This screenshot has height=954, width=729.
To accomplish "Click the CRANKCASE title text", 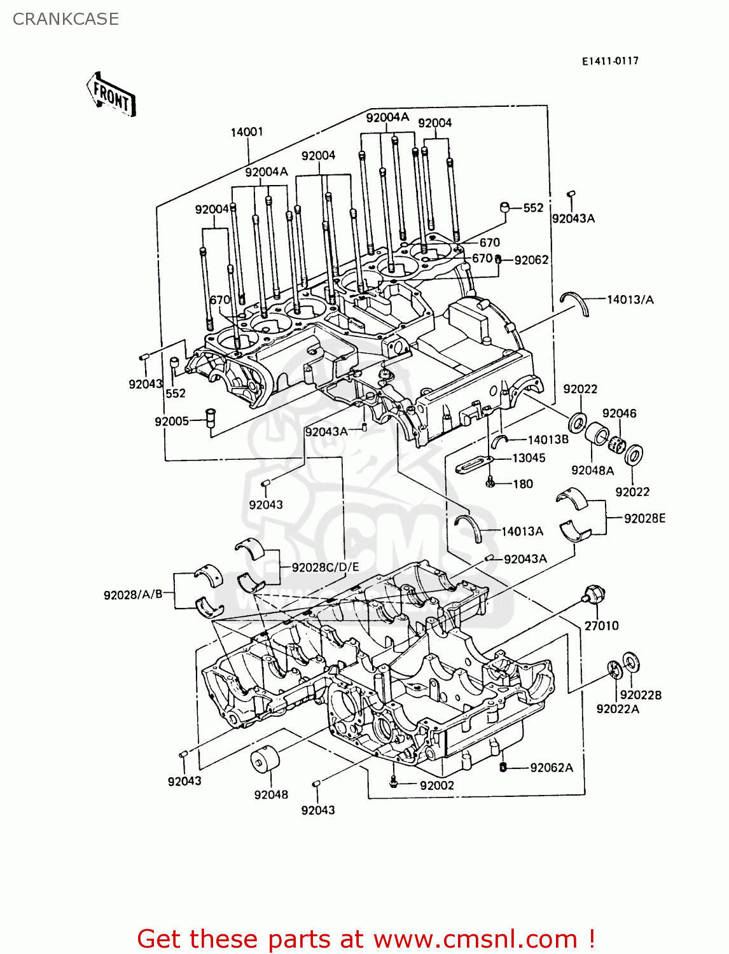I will (66, 19).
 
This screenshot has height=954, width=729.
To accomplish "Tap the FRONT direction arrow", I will (111, 95).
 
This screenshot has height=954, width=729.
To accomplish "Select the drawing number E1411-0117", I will (609, 61).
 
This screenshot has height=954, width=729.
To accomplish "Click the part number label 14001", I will (246, 132).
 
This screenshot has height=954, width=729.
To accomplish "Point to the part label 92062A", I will (551, 768).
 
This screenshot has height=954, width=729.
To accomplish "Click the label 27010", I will (601, 626).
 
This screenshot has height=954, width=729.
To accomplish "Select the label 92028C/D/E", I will (325, 567).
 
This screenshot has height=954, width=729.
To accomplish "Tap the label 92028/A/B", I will (133, 595).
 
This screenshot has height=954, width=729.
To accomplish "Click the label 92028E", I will (644, 518).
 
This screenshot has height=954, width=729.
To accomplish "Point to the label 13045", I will (529, 458).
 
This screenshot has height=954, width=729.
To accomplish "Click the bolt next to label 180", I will (490, 483).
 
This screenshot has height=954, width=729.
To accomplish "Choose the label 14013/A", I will (630, 300).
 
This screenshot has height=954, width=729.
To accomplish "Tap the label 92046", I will (619, 413).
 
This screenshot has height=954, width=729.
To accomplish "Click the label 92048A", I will (592, 470).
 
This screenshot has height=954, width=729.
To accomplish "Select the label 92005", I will (172, 422).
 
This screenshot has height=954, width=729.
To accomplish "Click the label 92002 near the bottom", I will (436, 785).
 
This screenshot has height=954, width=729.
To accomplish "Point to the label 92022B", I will (641, 695).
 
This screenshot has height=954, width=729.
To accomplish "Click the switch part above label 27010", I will (594, 595).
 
